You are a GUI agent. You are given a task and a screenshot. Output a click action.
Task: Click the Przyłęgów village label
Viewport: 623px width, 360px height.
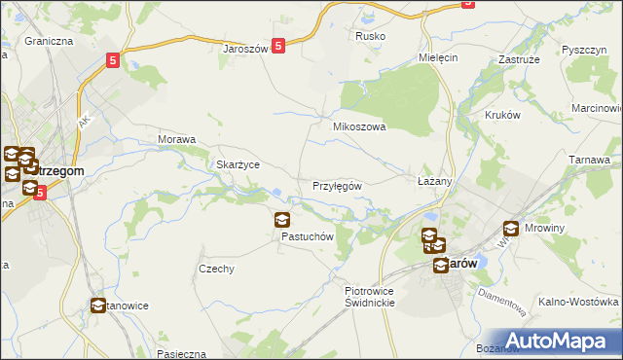point(338,186)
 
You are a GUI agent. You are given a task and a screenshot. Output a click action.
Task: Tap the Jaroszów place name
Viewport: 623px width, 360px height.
point(245,48)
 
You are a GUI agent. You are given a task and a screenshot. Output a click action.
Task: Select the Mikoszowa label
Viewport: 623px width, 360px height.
point(360,126)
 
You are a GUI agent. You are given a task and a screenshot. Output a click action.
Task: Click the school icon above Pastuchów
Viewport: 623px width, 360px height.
point(282,221)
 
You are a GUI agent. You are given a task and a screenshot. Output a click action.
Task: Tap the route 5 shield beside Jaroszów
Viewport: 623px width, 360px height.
point(278,45)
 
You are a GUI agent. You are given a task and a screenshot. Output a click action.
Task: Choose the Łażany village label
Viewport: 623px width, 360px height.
point(434,182)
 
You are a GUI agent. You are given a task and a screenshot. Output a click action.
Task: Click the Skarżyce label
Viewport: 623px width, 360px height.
point(238,164)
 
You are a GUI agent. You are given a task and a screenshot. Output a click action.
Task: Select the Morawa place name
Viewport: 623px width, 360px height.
point(177,139)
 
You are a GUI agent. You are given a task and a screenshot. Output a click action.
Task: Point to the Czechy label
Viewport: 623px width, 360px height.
point(216,269)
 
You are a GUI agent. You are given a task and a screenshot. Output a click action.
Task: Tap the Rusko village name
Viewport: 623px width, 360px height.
point(371,36)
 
